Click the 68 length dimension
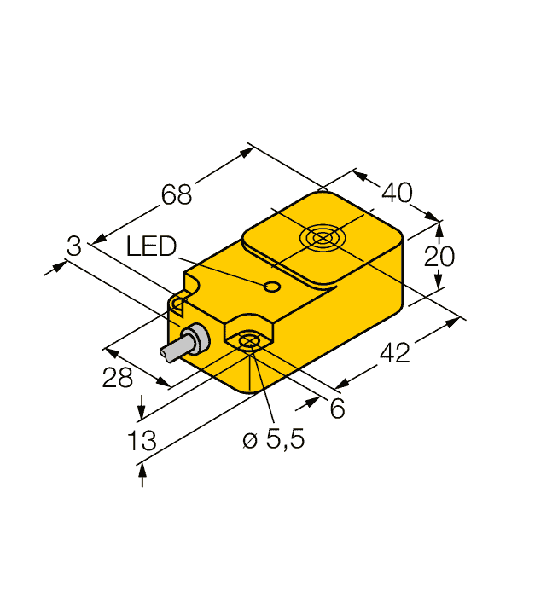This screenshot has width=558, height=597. (177, 194)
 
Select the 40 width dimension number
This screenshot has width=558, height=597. (396, 193)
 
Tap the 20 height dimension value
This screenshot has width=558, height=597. (440, 256)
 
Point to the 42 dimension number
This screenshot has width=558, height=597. (393, 351)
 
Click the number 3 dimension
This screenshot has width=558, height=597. (74, 246)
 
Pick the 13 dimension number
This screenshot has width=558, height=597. (142, 441)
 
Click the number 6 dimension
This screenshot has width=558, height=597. (338, 409)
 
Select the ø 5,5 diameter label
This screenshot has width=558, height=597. (273, 440)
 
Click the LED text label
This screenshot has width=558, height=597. (150, 247)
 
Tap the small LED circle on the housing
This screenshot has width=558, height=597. (272, 287)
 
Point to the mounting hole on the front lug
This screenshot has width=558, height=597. (249, 342)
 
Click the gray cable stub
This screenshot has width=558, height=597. (176, 350)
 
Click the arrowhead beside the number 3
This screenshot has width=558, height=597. (56, 267)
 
